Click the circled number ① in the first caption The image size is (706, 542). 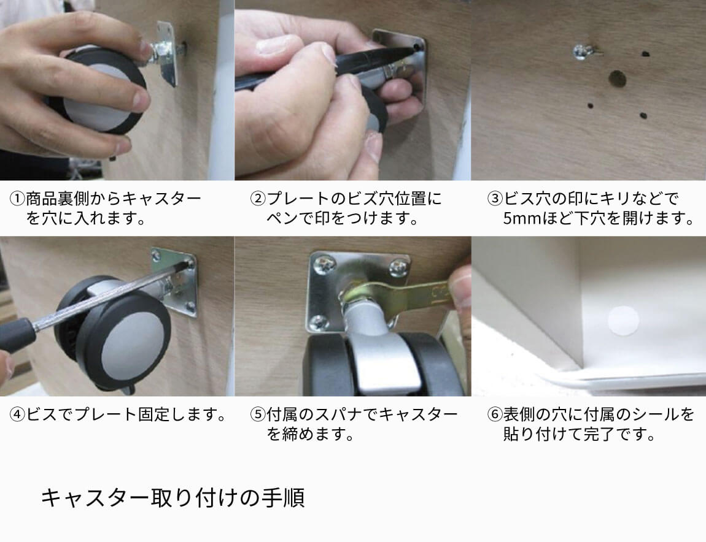pyautogui.click(x=17, y=199)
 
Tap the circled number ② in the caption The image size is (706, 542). pyautogui.click(x=257, y=199)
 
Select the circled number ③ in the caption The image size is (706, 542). pyautogui.click(x=494, y=199)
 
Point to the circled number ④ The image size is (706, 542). pyautogui.click(x=17, y=415)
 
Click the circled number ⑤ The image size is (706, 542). pyautogui.click(x=257, y=415)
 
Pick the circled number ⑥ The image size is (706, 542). pyautogui.click(x=494, y=415)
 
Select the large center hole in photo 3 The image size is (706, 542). pyautogui.click(x=616, y=78)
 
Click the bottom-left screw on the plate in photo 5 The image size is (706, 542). pyautogui.click(x=319, y=320)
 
